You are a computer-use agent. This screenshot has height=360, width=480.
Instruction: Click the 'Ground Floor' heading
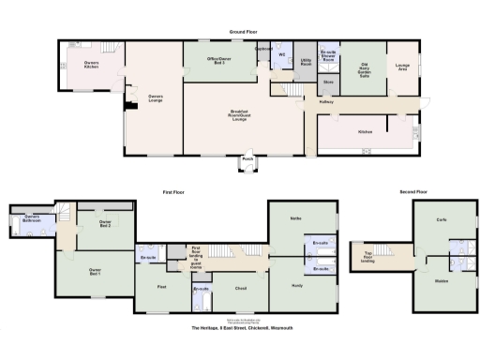click(243, 32)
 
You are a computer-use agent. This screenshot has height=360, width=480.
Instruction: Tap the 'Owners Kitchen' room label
click(91, 66)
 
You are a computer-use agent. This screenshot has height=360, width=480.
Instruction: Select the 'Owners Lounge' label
click(154, 96)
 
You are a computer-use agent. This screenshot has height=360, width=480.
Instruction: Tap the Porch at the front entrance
click(247, 159)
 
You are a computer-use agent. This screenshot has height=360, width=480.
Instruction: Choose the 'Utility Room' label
click(306, 62)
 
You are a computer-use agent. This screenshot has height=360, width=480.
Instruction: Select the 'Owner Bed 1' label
click(94, 270)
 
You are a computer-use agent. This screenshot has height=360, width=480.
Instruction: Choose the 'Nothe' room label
click(295, 217)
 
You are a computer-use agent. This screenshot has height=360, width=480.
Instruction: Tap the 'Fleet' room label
click(161, 286)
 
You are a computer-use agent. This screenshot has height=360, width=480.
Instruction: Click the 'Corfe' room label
click(441, 219)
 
